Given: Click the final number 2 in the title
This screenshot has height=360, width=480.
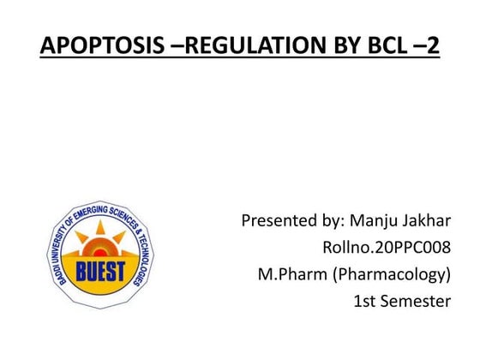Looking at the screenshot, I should pos(431,45).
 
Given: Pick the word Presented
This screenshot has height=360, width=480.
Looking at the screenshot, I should pos(279,221).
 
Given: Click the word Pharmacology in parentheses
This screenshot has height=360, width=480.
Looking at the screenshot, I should pos(393,275).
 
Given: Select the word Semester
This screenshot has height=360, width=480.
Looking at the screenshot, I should pos(417,301).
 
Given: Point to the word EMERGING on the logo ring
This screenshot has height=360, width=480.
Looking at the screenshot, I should pos(96,212).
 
